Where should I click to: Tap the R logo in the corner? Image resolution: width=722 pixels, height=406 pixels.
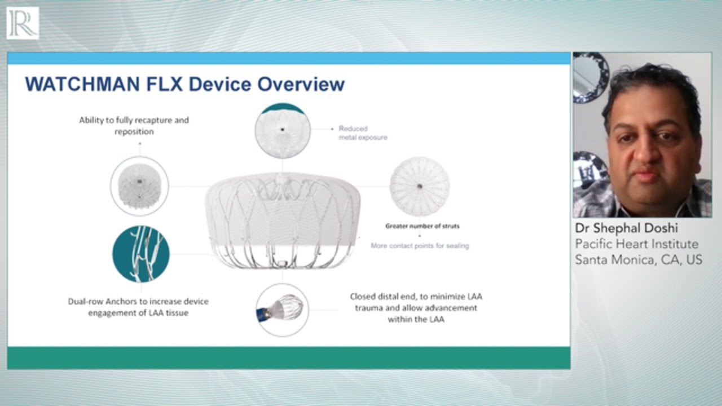pyautogui.click(x=23, y=23)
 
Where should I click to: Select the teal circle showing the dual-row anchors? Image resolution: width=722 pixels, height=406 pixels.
pyautogui.click(x=141, y=254)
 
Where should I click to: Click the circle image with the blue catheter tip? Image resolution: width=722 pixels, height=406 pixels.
pyautogui.click(x=282, y=310)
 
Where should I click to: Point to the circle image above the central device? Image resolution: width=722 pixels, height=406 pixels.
pyautogui.click(x=283, y=130)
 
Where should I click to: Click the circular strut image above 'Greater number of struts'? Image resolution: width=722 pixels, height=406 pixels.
pyautogui.click(x=420, y=186)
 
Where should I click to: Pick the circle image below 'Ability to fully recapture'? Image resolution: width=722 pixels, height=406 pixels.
pyautogui.click(x=139, y=185)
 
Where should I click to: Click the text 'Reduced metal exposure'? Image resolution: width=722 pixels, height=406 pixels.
pyautogui.click(x=362, y=133)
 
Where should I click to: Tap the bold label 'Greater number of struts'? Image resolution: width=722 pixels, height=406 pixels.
pyautogui.click(x=422, y=226)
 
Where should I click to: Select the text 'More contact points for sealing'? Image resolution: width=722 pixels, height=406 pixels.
pyautogui.click(x=420, y=246)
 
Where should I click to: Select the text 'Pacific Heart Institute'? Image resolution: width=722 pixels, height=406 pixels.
pyautogui.click(x=636, y=244)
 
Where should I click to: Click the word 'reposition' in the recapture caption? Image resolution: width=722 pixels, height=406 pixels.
pyautogui.click(x=134, y=131)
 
